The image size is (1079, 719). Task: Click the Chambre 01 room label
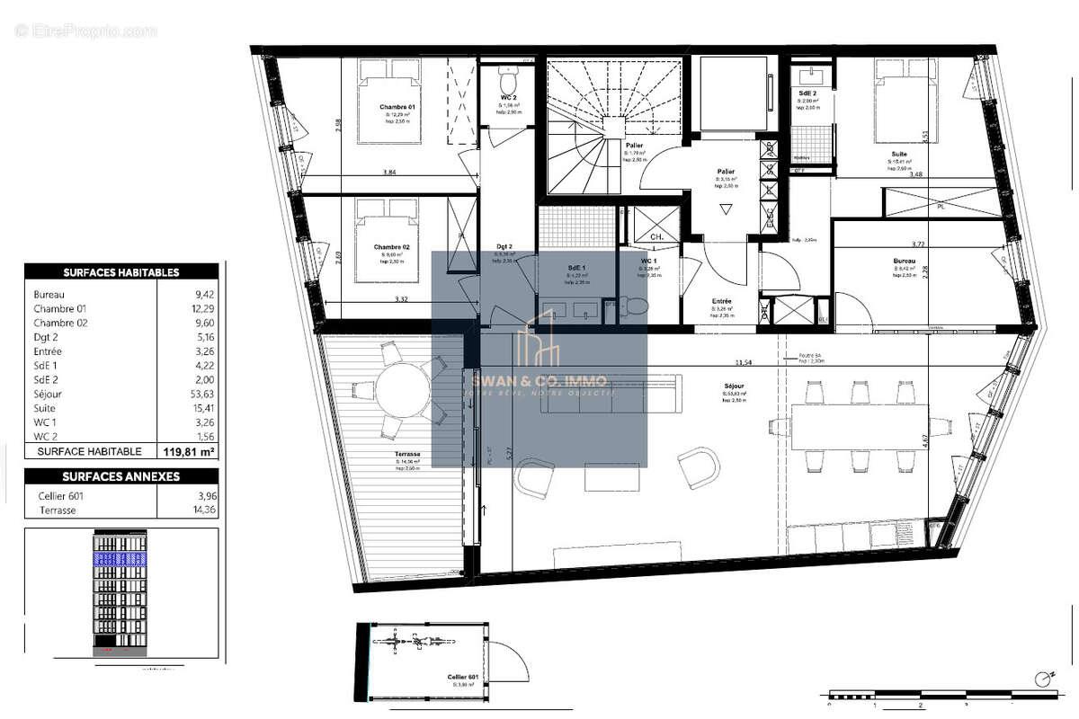pos(396,107)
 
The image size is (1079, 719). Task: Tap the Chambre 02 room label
pos(391,247)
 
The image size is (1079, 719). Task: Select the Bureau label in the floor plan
pos(904,262)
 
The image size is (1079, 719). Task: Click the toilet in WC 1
pos(636,306)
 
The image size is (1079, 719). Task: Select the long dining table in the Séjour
pos(859,426)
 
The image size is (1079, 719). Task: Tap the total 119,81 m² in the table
pos(187,451)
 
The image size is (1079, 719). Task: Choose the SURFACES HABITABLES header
pos(121,272)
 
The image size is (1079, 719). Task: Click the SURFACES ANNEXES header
pos(121,477)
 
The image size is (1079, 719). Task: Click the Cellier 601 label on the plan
pos(462,677)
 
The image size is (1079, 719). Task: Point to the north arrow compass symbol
pos(1043,677)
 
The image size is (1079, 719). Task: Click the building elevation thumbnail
pos(120,593)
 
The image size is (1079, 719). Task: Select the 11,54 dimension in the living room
pos(743,363)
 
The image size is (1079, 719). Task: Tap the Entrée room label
pos(721,302)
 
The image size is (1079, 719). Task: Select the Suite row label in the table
pos(44,407)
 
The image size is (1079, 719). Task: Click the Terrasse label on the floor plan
pos(406,454)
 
